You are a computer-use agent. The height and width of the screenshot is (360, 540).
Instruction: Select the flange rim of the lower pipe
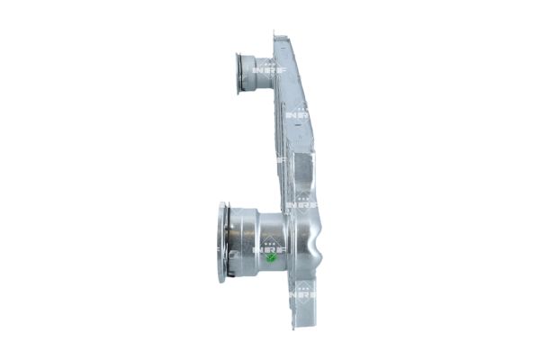click(221, 242)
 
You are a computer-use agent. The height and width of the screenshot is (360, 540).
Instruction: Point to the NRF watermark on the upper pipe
click(263, 68)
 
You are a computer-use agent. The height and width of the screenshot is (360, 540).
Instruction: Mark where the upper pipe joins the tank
click(279, 76)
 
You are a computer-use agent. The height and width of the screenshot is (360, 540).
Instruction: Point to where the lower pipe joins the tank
click(290, 236)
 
